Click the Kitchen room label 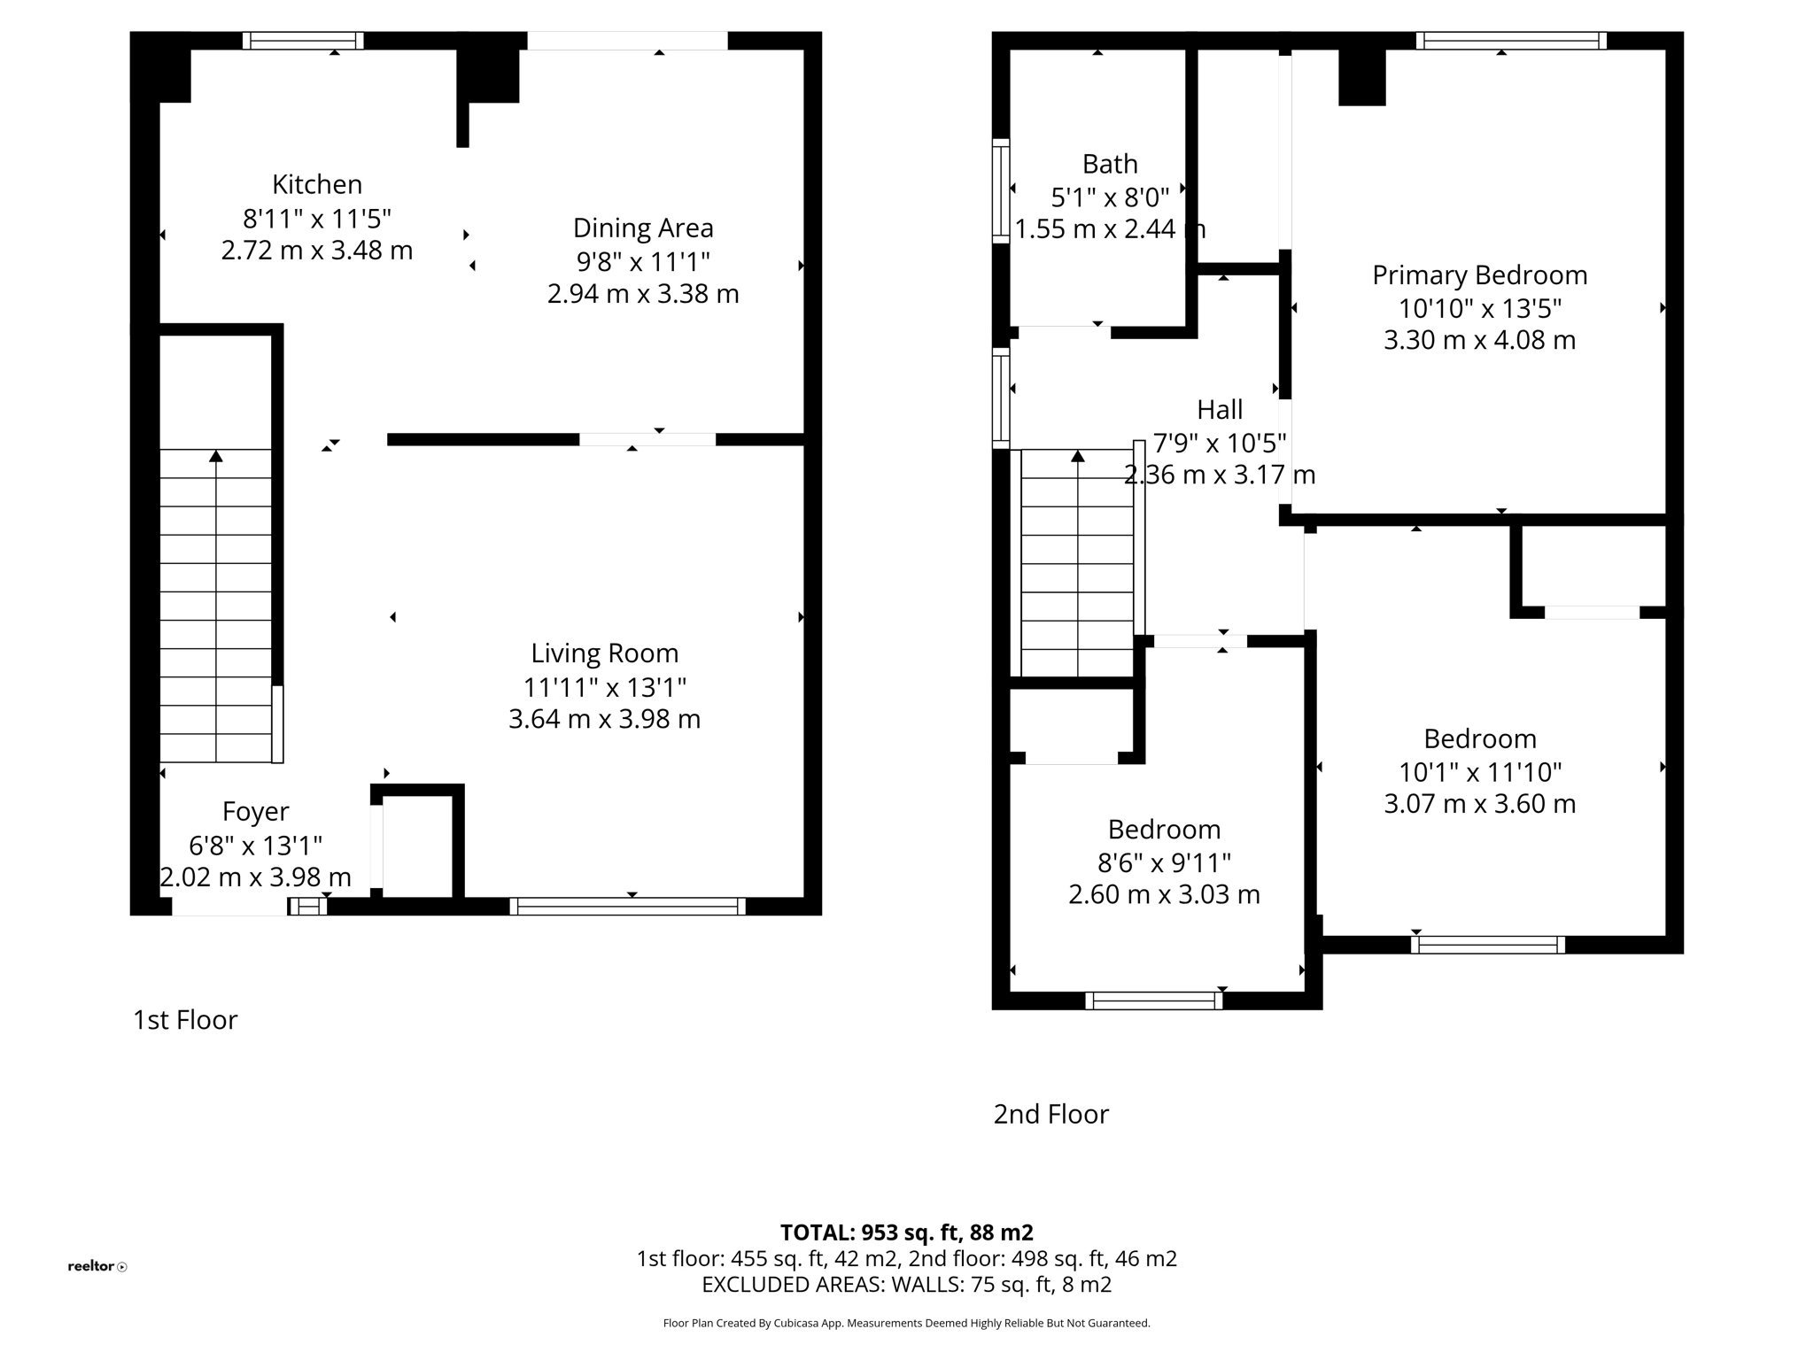tap(316, 184)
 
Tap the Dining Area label tap(642, 228)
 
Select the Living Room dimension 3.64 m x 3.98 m tap(604, 719)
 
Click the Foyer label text tap(255, 811)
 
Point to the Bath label tap(1109, 164)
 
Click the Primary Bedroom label tap(1479, 275)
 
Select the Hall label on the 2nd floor tap(1220, 409)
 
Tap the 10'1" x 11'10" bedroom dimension tap(1479, 772)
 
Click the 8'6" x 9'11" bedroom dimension tap(1164, 862)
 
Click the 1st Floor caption tap(185, 1020)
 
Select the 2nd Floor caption tap(1050, 1114)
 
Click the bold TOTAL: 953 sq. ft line tap(906, 1232)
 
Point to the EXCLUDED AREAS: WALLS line tap(906, 1284)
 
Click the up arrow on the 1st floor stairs tap(215, 457)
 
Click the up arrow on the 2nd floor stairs tap(1077, 457)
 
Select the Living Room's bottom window tap(627, 906)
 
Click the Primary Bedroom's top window tap(1511, 41)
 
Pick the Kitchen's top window tap(303, 41)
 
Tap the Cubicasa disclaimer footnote tap(906, 1324)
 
